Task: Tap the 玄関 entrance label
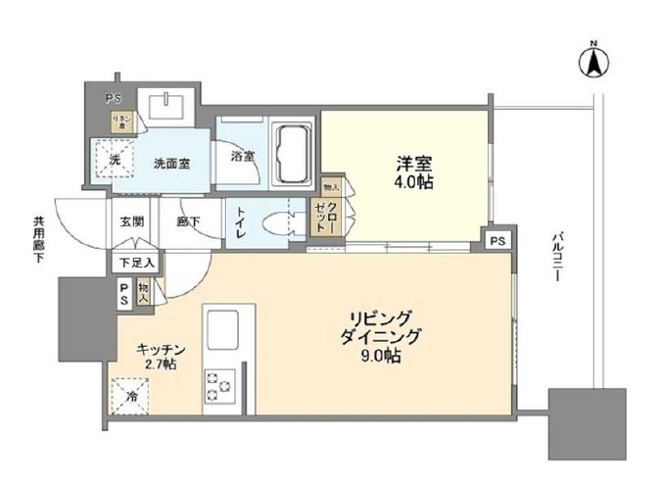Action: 132,221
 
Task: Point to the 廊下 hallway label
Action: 188,221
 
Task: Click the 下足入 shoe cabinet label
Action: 135,262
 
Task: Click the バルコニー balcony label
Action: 554,258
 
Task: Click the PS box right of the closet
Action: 497,239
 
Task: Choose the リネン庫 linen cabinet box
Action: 120,122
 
